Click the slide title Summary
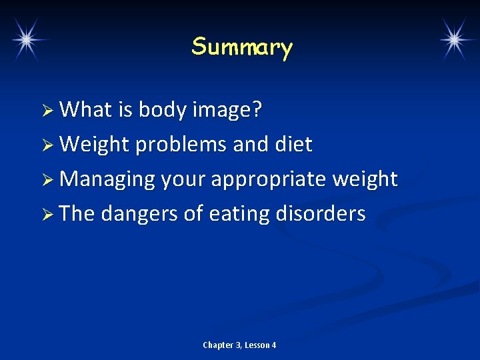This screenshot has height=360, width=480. click(x=242, y=47)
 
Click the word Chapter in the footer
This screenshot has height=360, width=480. click(x=218, y=345)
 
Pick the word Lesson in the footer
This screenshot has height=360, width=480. click(x=257, y=345)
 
